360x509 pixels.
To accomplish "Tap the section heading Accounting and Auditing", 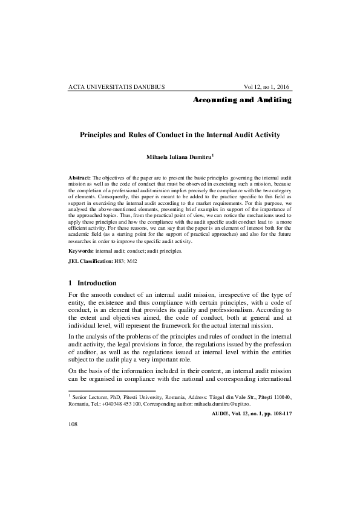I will tap(242, 99).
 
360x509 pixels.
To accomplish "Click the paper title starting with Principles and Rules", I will tap(180, 135).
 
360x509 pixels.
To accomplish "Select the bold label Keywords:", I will tap(81, 250).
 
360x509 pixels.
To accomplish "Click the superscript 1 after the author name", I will tap(213, 155).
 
